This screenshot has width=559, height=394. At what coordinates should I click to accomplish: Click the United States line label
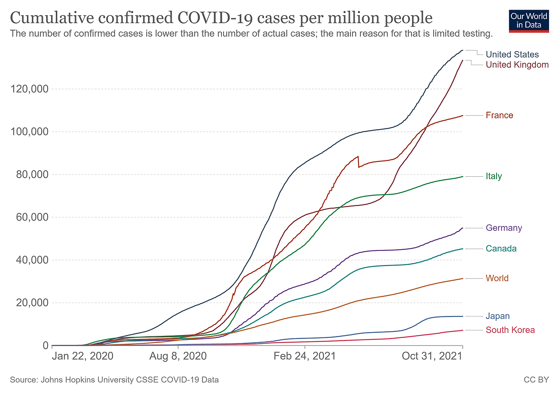[512, 55]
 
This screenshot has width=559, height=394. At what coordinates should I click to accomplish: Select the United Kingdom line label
[517, 65]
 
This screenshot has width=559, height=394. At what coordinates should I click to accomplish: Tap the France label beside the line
[499, 115]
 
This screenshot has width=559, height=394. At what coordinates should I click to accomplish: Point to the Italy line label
[494, 176]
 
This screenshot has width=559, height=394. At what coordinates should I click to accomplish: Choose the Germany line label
[504, 228]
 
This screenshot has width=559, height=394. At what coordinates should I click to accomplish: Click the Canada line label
[501, 249]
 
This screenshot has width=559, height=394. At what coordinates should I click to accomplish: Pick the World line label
[497, 278]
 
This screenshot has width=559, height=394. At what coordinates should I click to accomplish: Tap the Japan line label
[498, 316]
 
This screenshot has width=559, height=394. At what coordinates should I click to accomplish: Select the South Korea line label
[510, 330]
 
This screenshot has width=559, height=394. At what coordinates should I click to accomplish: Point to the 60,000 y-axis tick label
[30, 217]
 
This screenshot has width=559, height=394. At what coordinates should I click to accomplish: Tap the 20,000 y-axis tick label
[30, 303]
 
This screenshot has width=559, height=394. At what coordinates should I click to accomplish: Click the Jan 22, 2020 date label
[82, 356]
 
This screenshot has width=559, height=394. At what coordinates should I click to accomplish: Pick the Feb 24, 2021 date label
[304, 356]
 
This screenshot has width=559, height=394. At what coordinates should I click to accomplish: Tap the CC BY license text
[536, 380]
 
